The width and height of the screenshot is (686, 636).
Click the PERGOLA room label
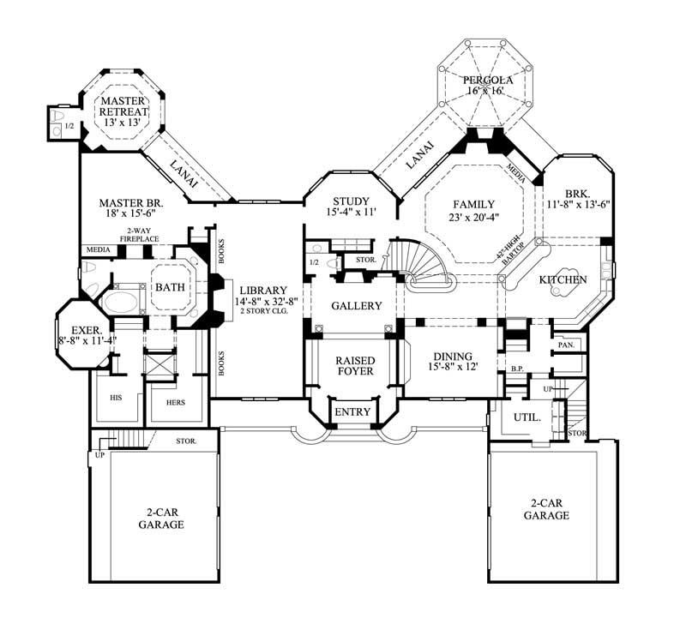488,80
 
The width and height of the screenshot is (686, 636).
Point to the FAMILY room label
473,205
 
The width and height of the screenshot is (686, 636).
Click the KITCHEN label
562,280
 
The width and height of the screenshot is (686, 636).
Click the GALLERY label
356,306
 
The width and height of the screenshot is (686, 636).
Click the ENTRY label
352,412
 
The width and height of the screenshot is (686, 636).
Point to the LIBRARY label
263,291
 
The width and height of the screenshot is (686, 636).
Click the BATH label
170,288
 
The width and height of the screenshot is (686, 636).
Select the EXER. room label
87,329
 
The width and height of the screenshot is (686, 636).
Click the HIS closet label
117,399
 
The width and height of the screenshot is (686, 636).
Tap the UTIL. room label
527,418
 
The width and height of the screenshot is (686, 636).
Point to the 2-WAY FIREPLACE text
139,236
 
